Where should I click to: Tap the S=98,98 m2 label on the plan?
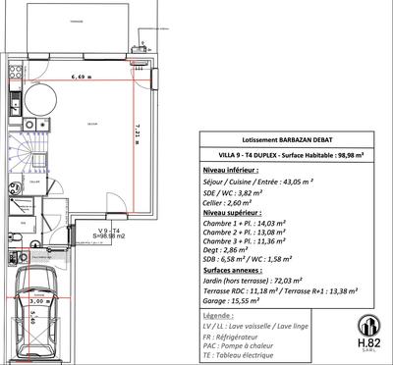tap(108, 236)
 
